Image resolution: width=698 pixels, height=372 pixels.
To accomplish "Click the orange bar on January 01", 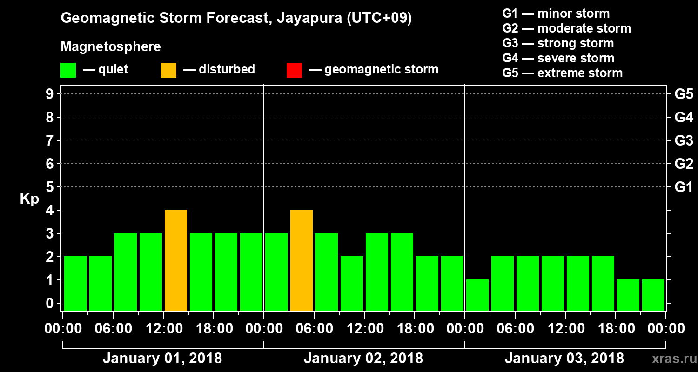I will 176,260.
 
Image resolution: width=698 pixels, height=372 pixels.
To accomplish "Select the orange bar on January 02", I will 302,260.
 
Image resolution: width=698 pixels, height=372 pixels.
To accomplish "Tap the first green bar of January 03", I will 477,295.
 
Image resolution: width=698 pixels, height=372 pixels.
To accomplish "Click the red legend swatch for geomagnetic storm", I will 294,70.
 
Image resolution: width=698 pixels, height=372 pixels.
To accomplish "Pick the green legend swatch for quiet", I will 68,70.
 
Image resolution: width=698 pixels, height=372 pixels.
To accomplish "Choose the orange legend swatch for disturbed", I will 168,70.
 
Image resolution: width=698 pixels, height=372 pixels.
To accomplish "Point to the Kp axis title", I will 29,199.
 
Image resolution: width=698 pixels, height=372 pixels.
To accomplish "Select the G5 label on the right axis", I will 684,94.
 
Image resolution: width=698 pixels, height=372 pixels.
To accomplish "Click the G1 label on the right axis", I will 684,187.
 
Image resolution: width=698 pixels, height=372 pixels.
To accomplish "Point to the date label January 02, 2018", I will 363,359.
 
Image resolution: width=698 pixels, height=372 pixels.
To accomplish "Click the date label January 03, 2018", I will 564,359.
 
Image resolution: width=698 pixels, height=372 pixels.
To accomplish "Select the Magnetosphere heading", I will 111,47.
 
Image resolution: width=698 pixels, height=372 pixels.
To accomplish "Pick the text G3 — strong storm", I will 558,43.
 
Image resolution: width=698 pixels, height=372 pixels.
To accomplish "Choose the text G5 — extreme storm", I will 562,73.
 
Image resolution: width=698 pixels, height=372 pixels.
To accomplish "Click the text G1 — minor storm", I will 556,13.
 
